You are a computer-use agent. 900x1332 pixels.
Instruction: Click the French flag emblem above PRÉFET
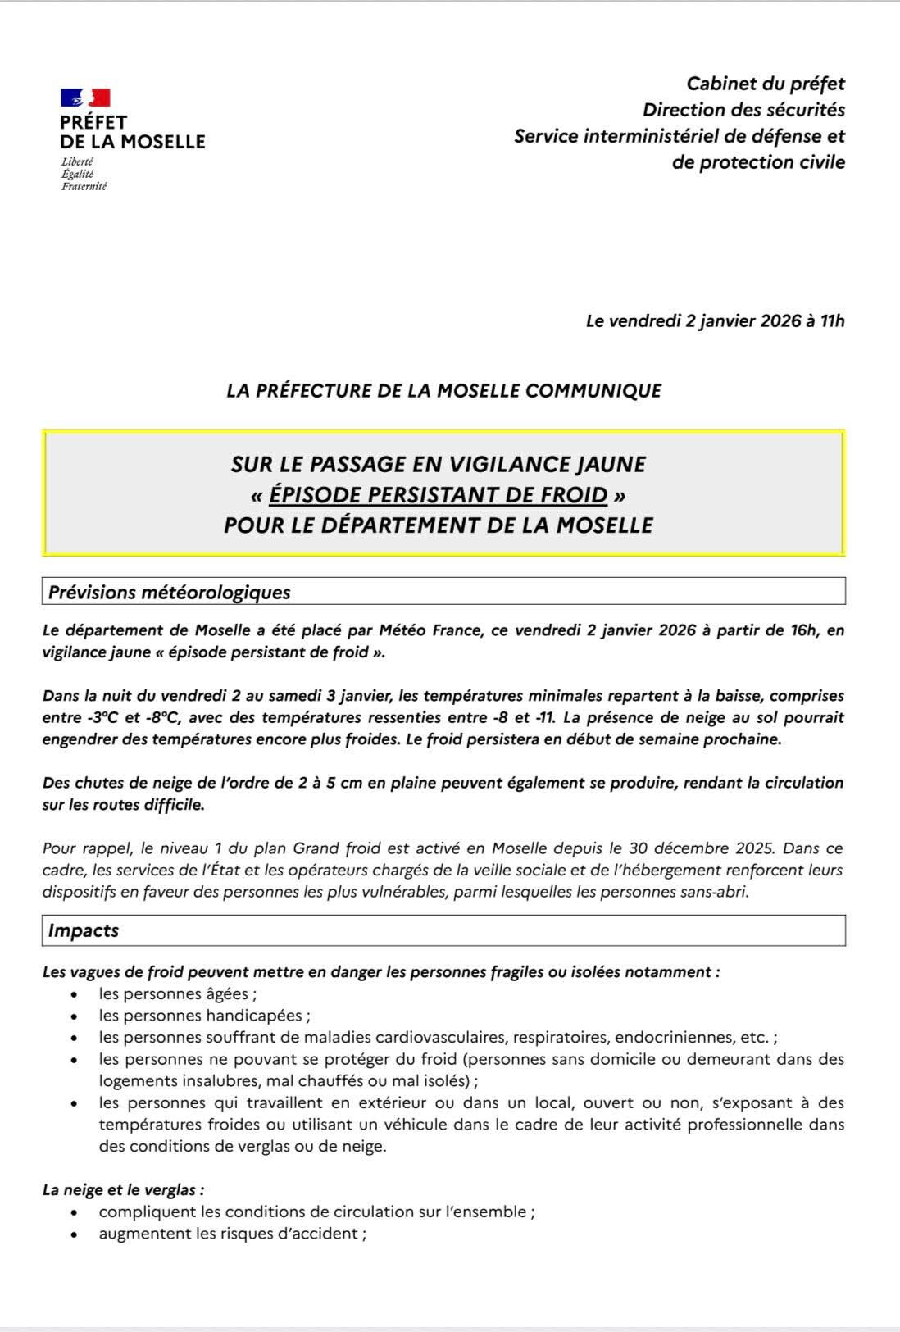[x=85, y=98]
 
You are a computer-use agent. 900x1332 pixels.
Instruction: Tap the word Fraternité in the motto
[x=84, y=186]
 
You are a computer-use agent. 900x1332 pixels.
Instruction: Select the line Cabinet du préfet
[x=766, y=84]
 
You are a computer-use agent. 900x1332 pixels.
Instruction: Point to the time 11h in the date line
[x=833, y=321]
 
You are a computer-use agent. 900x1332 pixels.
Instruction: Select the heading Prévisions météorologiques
[x=170, y=592]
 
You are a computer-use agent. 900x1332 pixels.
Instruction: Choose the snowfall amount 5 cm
[x=344, y=783]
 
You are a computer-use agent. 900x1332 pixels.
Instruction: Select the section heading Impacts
[x=84, y=930]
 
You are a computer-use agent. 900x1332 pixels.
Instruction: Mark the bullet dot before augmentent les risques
[x=75, y=1234]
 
